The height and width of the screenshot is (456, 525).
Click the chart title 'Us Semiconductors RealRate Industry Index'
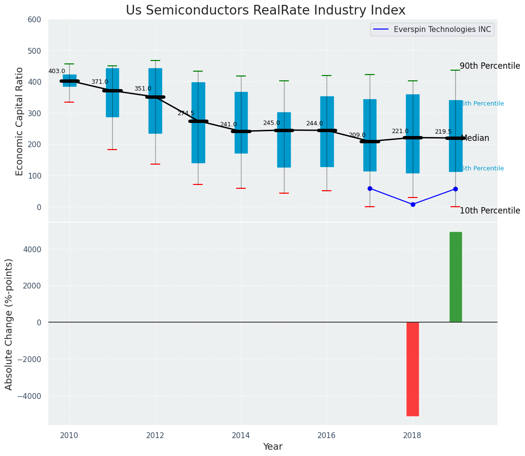point(265,11)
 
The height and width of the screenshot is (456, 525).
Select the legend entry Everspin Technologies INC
point(442,30)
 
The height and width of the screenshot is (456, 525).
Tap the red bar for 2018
point(412,369)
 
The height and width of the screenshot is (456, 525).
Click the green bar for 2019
point(455,277)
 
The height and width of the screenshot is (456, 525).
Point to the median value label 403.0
point(57,72)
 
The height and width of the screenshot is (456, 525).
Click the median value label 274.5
point(186,114)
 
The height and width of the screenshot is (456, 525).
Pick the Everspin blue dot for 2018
point(413,204)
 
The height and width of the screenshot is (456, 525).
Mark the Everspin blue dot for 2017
point(370,188)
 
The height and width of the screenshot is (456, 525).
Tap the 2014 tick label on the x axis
point(240,436)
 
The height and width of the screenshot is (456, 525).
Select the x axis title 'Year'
point(272,447)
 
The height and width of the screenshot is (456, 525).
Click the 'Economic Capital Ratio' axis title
point(20,121)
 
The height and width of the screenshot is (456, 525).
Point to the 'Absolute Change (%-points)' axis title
point(9,324)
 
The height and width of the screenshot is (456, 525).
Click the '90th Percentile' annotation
point(490,66)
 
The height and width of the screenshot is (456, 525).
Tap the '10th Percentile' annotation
point(490,211)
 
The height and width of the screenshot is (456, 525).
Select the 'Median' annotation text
point(475,138)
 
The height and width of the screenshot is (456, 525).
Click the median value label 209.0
point(357,136)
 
